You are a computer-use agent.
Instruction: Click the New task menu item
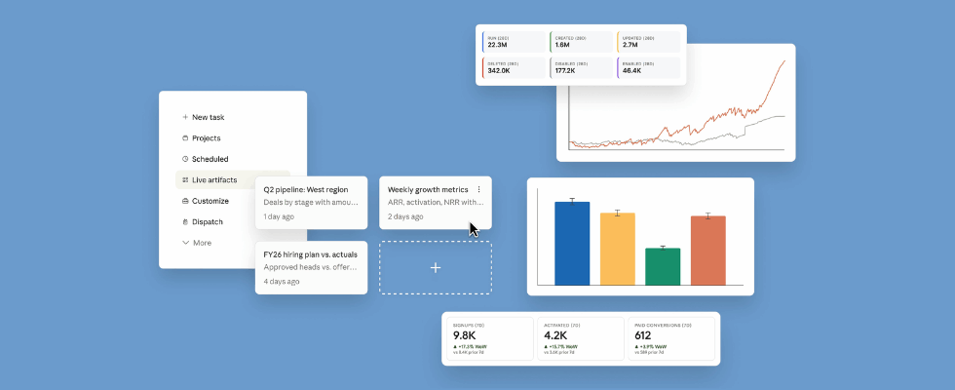tap(208, 117)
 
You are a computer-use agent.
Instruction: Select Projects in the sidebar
tap(206, 138)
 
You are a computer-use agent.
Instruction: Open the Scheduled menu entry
tap(210, 159)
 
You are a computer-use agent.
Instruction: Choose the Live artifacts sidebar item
tap(213, 179)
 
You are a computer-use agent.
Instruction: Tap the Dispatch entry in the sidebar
tap(207, 221)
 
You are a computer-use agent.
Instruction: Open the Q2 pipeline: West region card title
tap(306, 189)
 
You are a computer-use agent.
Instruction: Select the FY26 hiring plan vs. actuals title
tap(310, 254)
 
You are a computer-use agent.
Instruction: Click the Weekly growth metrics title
tap(428, 189)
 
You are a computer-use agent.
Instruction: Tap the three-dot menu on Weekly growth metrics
tap(479, 189)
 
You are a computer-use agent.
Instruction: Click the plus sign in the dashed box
tap(436, 267)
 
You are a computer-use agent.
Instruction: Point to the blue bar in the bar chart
tap(572, 243)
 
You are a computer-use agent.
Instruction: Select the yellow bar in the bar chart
tap(617, 249)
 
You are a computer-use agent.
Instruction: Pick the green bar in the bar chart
tap(663, 266)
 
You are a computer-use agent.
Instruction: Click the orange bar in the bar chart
tap(708, 251)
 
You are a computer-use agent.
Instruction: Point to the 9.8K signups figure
tap(465, 335)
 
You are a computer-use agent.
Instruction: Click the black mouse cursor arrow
tap(474, 229)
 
